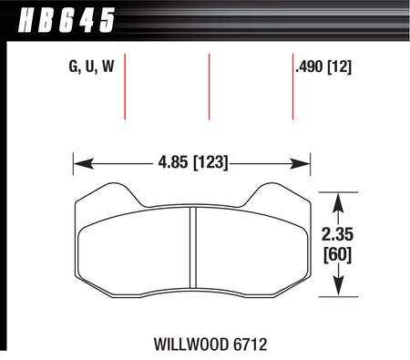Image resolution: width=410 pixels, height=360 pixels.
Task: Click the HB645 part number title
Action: [67, 20]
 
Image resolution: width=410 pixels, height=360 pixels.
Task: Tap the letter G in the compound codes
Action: [74, 67]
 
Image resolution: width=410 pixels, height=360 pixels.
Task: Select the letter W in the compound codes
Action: [108, 67]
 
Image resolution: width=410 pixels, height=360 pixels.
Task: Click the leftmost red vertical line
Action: [125, 87]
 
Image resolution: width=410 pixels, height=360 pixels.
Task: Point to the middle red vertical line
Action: [209, 87]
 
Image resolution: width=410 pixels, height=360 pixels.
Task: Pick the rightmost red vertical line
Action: [292, 87]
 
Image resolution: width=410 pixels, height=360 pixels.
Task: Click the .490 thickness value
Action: [310, 67]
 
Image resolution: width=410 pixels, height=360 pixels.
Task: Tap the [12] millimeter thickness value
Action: [340, 67]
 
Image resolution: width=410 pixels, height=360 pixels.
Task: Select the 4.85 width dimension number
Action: [173, 162]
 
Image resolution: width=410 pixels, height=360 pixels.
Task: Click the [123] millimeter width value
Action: [210, 162]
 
